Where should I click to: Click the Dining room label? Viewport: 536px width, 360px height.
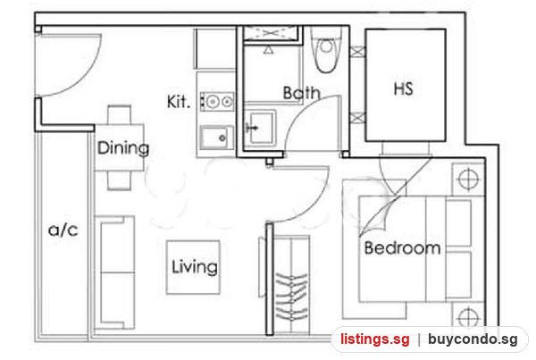pos(123,148)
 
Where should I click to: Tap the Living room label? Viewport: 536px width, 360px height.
pos(194,267)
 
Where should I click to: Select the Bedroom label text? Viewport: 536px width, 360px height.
pos(402,247)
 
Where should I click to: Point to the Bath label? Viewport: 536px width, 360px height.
pos(302,93)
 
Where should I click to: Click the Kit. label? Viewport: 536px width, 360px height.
pos(178,102)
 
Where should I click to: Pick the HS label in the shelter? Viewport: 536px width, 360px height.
pos(404,88)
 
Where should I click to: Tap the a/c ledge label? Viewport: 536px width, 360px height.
pos(63,230)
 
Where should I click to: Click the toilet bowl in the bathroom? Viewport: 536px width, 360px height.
pos(327,50)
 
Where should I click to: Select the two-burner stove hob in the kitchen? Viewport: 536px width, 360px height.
pos(218,102)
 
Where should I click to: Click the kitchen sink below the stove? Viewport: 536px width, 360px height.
pos(217,138)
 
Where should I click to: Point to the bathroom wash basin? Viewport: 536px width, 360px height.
pos(261,127)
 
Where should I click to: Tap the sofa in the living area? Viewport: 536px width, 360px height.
pos(115,272)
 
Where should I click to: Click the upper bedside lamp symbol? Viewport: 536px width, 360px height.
pos(468,179)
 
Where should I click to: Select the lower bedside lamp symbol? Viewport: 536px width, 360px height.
pos(468,317)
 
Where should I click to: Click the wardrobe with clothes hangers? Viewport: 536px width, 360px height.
pos(291,284)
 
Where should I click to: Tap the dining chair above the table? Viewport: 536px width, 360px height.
pos(120,114)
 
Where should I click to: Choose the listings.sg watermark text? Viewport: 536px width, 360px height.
pos(375,339)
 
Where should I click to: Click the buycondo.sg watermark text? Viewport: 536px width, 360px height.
pos(473,339)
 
